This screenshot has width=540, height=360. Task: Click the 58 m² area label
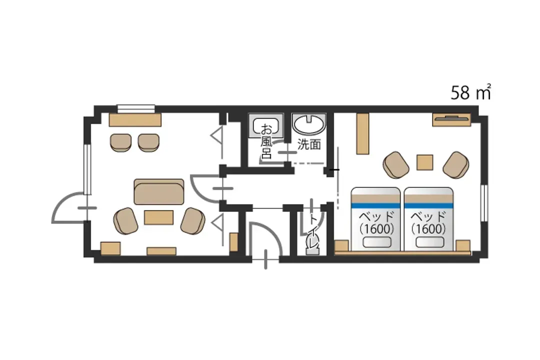[x=471, y=92]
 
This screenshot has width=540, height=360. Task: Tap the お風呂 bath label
[x=266, y=141]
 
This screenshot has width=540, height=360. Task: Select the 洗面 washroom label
[x=309, y=144]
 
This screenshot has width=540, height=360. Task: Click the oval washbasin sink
[x=308, y=123]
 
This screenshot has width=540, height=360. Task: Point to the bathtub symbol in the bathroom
[x=266, y=126]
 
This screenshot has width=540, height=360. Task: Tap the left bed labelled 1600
[x=375, y=219]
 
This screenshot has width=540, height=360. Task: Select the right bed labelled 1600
[x=428, y=219]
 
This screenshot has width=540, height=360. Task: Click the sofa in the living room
[x=159, y=191]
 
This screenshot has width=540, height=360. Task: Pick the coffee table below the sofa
[x=159, y=217]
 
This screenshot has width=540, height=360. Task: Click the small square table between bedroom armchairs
[x=425, y=162]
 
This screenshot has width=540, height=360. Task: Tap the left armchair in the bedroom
[x=396, y=164]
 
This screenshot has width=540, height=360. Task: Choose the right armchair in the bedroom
[x=456, y=164]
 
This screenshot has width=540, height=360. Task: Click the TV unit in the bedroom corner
[x=451, y=119]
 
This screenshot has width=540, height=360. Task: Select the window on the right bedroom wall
[x=484, y=203]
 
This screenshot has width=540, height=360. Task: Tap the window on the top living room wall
[x=135, y=108]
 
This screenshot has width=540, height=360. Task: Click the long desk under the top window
[x=135, y=119]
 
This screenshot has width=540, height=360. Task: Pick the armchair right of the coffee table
[x=193, y=221]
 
